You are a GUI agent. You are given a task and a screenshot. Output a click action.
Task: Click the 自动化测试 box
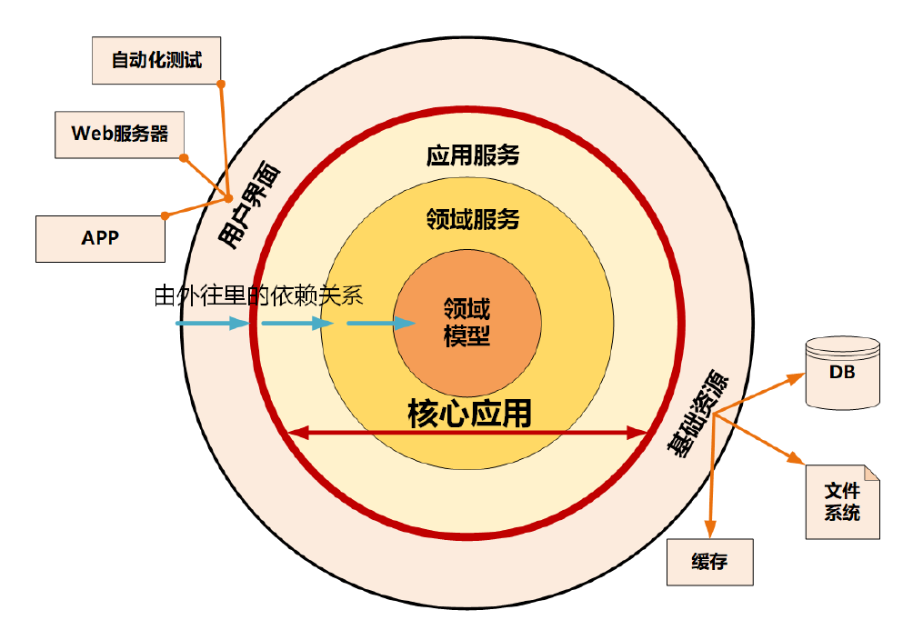[156, 61]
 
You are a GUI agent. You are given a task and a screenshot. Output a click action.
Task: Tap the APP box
[100, 238]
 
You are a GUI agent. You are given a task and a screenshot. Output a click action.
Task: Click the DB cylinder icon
[842, 373]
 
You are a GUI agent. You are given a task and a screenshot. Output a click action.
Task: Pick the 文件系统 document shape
[842, 502]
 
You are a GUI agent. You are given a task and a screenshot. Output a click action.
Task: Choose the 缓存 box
[709, 562]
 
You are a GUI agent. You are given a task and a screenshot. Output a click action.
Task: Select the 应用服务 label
[472, 155]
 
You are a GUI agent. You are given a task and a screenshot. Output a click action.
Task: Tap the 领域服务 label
[472, 219]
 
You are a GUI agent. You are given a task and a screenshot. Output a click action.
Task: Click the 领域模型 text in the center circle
[467, 322]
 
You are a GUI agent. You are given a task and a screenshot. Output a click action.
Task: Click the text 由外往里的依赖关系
[259, 295]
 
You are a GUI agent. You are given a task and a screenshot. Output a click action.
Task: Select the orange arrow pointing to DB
[759, 393]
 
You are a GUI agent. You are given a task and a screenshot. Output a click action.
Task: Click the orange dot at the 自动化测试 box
[221, 84]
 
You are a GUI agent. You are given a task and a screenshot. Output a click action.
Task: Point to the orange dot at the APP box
[165, 215]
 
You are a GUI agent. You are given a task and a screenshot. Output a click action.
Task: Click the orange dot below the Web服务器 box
[184, 158]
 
